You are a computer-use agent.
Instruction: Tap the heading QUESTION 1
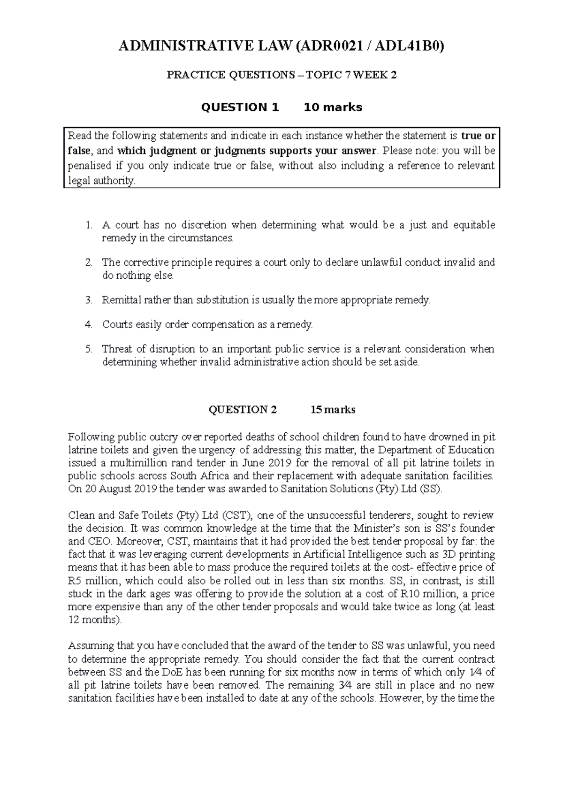[x=240, y=107]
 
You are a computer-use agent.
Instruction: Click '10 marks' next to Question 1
[x=333, y=107]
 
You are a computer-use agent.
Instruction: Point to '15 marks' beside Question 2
[x=333, y=410]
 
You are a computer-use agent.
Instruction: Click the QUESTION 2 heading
[x=243, y=410]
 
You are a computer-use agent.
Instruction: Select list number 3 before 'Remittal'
[x=89, y=300]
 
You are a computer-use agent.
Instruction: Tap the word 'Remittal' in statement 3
[x=120, y=300]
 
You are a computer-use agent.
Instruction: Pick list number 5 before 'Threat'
[x=89, y=349]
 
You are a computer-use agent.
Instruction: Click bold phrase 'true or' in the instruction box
[x=478, y=136]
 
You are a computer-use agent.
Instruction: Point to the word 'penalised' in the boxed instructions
[x=90, y=166]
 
